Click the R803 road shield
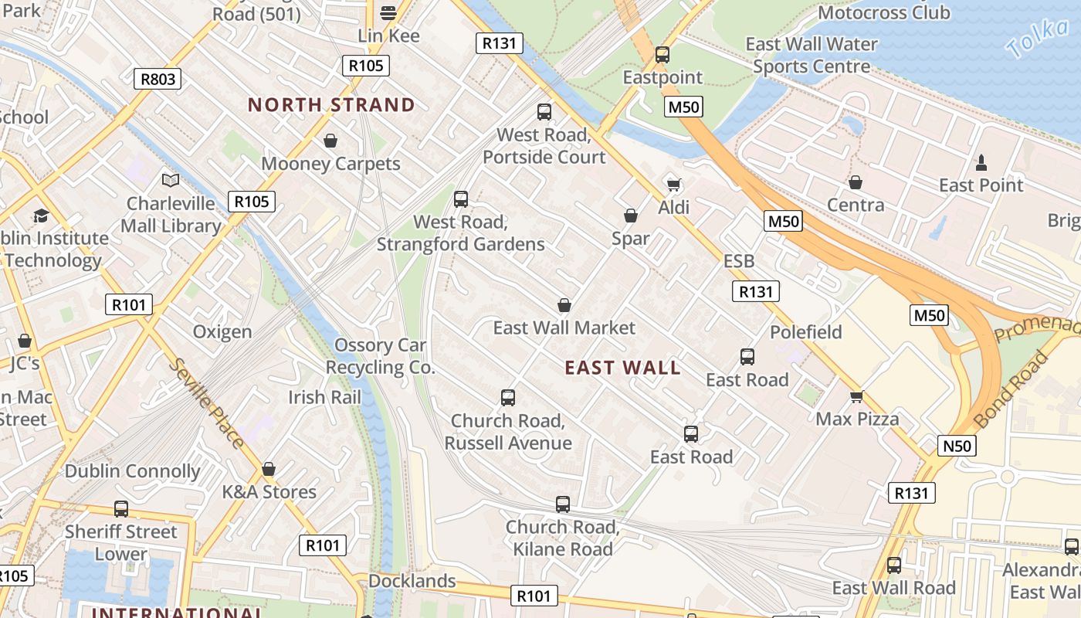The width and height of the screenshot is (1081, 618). [158, 78]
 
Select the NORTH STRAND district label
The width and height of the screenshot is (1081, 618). [331, 105]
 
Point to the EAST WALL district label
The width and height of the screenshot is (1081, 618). [622, 368]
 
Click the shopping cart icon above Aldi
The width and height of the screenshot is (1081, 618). [673, 185]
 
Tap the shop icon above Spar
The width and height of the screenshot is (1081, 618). [631, 216]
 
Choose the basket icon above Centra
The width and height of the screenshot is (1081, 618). [855, 182]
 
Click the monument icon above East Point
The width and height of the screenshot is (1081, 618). [981, 162]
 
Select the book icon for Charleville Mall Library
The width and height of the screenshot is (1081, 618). [171, 181]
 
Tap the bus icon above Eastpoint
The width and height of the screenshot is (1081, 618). [662, 55]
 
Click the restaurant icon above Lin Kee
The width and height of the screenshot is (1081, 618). [388, 12]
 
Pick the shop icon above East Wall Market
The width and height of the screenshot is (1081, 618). [564, 305]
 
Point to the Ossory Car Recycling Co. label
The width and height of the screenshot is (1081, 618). [380, 356]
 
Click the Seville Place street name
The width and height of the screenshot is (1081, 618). [206, 403]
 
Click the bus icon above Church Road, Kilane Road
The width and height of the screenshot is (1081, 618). [563, 504]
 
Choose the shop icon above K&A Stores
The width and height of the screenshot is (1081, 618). [269, 469]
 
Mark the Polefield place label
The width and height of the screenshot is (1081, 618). [805, 332]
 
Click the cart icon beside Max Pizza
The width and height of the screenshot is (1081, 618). [856, 397]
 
